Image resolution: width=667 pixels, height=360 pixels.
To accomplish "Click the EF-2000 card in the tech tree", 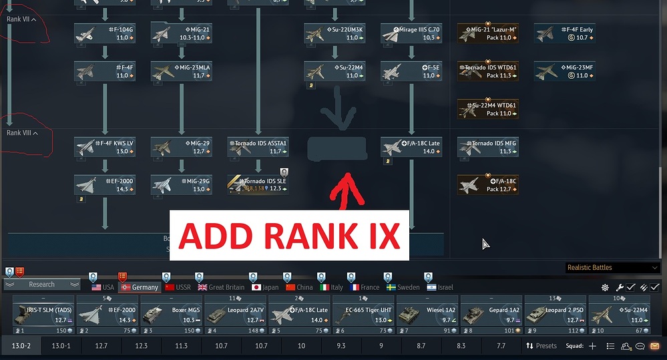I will coord(105,184).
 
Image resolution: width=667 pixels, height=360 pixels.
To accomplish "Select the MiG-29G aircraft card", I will coord(182,184).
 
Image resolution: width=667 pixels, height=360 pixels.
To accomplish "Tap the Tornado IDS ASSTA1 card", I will coord(258,147).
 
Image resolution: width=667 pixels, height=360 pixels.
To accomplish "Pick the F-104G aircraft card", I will coord(105,33).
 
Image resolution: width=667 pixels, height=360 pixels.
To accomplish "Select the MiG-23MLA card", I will coord(182,71).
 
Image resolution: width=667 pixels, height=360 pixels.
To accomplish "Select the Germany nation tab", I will coord(140,287).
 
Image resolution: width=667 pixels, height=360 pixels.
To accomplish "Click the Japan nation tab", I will coord(265,287).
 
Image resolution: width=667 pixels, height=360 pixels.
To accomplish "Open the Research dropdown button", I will coord(41,285).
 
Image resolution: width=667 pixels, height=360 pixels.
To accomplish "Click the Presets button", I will coord(541,346).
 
